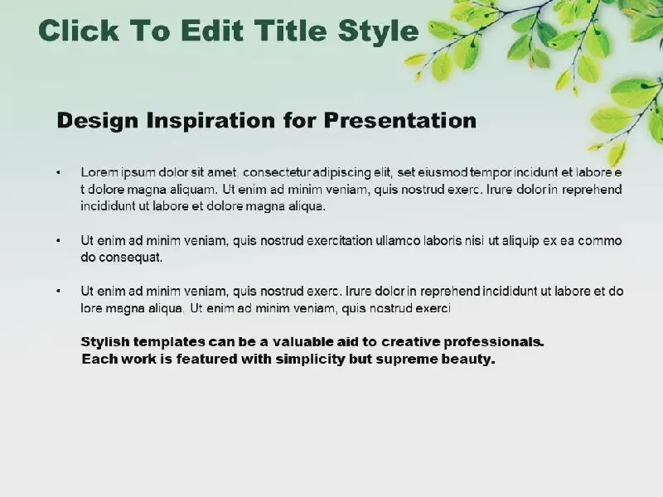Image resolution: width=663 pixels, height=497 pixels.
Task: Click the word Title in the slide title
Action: [x=291, y=31]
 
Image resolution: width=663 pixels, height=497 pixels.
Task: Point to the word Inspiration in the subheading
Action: [x=211, y=121]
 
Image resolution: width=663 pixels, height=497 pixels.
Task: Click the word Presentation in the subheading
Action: [x=400, y=120]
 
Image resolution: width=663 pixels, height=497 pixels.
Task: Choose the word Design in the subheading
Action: [x=97, y=121]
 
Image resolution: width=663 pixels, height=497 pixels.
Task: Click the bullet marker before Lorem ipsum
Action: [x=58, y=172]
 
